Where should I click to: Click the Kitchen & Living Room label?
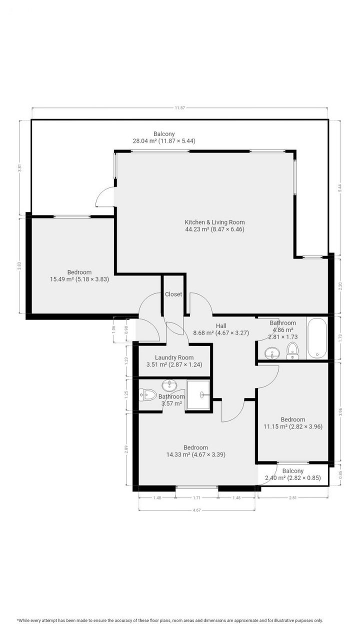pyautogui.click(x=214, y=222)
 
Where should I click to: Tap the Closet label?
pyautogui.click(x=173, y=294)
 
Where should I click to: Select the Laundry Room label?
pyautogui.click(x=174, y=357)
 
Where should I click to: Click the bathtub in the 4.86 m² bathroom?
pyautogui.click(x=317, y=338)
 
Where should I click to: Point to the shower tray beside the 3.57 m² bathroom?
pyautogui.click(x=198, y=395)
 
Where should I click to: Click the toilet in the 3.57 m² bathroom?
pyautogui.click(x=148, y=395)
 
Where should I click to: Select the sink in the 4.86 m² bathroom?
pyautogui.click(x=272, y=353)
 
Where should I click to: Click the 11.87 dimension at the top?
pyautogui.click(x=179, y=108)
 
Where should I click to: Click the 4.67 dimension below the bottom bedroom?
pyautogui.click(x=196, y=509)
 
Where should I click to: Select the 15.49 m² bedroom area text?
pyautogui.click(x=79, y=279)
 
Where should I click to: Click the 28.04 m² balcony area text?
pyautogui.click(x=163, y=141)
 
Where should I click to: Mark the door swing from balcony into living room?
pyautogui.click(x=104, y=196)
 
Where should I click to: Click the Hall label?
pyautogui.click(x=221, y=325)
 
